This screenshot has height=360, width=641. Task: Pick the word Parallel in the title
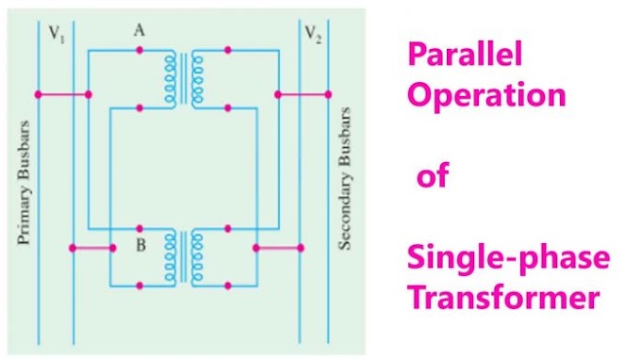(463, 56)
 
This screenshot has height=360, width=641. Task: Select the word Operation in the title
(485, 98)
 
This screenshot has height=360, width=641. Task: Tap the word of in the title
(436, 176)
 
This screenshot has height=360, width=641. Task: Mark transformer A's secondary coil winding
(198, 78)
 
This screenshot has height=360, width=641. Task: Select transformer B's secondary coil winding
(198, 256)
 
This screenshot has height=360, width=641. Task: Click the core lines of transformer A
(184, 78)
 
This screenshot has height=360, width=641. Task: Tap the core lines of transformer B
(184, 256)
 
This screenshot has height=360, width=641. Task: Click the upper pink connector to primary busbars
(62, 93)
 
